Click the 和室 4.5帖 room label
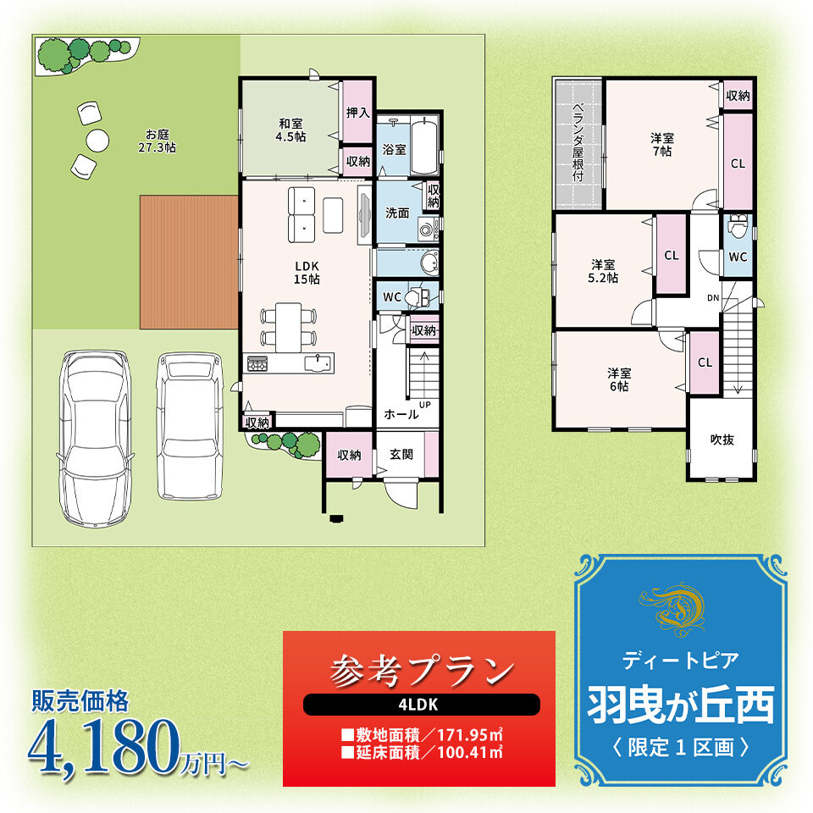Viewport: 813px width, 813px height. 290,130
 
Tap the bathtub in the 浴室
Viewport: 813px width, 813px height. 424,147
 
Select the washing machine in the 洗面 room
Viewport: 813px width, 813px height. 429,229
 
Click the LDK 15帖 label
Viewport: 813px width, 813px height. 307,273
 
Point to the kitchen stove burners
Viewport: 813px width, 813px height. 257,363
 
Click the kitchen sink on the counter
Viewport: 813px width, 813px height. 317,363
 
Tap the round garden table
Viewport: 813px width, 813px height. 97,140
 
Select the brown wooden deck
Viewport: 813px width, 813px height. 189,262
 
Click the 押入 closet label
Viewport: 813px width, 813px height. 357,113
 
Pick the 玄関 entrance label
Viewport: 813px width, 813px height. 401,454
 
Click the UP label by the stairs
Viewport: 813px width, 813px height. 424,405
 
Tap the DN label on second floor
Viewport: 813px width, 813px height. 713,297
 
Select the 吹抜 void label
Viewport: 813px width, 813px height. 722,440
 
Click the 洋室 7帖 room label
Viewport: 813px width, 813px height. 662,145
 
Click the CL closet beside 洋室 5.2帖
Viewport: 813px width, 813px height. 672,255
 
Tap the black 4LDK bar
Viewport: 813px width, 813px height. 421,705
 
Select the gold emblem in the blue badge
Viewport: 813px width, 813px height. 672,610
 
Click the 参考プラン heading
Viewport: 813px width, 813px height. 421,670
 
